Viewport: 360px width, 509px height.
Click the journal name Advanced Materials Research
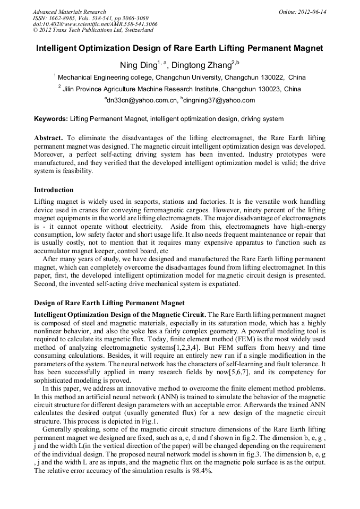[69, 12]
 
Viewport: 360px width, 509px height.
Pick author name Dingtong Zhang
[201, 65]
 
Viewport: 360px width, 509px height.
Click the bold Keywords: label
[51, 119]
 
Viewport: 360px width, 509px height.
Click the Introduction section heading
[54, 189]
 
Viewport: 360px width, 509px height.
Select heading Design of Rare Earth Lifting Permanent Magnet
[109, 303]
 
